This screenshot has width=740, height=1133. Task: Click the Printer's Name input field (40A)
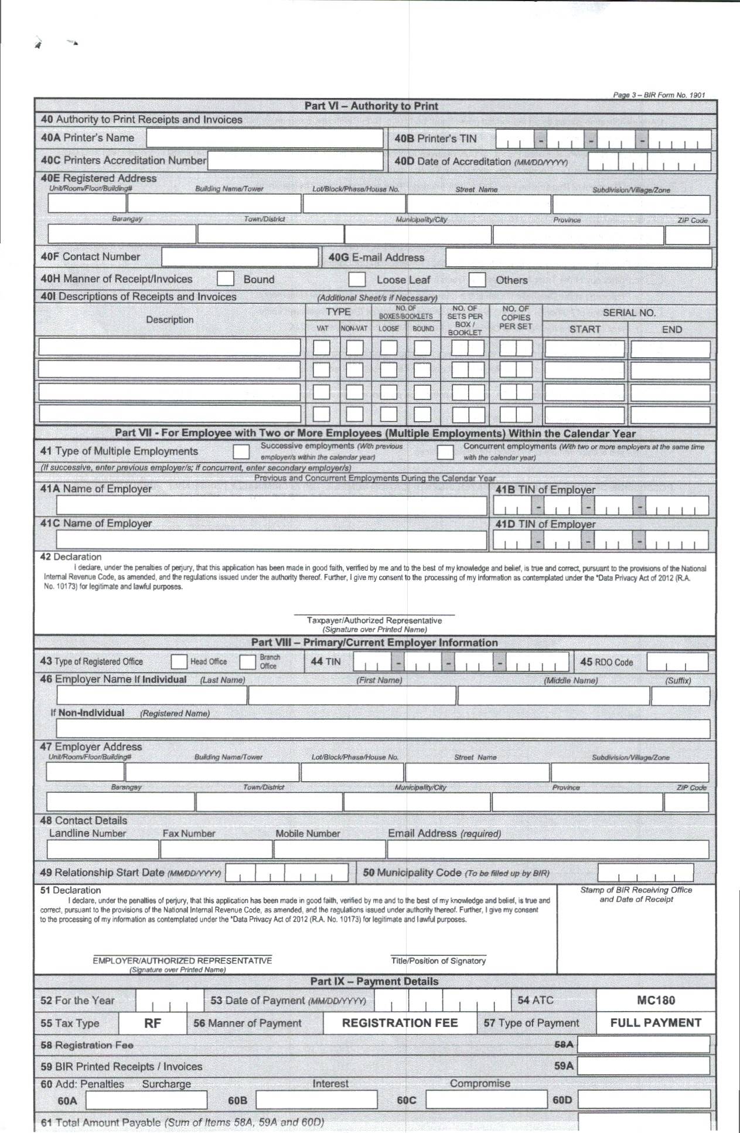click(264, 138)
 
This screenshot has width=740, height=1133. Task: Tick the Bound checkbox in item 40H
click(226, 279)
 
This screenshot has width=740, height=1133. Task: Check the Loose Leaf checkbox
click(357, 279)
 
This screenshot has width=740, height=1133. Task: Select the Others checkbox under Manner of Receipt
click(477, 279)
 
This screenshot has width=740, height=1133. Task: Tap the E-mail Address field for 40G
click(578, 257)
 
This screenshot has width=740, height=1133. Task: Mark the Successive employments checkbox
click(241, 452)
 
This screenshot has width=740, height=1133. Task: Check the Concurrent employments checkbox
click(445, 452)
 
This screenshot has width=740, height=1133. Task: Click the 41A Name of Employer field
click(271, 506)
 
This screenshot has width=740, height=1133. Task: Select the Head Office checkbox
click(179, 662)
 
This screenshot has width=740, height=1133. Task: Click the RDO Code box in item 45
click(677, 662)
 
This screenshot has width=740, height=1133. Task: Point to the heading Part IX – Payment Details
click(374, 982)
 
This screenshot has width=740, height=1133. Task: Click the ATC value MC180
click(656, 1001)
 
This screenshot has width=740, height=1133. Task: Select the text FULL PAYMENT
click(656, 1023)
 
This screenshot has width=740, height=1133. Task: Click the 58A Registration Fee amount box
click(643, 1044)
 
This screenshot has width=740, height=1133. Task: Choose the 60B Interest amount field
click(316, 1100)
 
